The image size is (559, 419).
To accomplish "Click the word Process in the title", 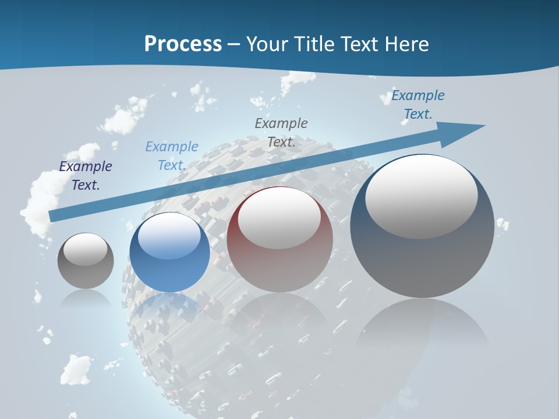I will click(x=183, y=44).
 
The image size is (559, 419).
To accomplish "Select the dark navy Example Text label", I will click(x=86, y=176).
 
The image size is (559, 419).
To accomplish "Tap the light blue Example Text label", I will click(x=171, y=156).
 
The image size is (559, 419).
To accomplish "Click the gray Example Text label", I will click(x=281, y=132).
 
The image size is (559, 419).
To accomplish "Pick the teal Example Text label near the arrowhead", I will click(x=418, y=105).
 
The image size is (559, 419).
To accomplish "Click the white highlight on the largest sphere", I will click(x=422, y=197).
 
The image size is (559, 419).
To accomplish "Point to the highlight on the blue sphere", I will click(x=169, y=235).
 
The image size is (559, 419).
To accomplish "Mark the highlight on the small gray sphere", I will click(x=86, y=249).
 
